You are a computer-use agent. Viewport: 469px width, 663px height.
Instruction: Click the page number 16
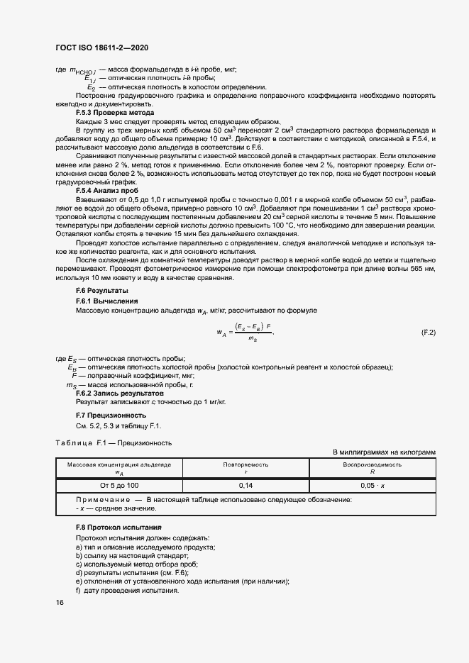click(x=59, y=603)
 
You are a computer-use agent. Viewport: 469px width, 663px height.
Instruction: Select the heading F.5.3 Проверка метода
click(x=115, y=113)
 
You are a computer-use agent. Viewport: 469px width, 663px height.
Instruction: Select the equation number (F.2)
click(x=429, y=333)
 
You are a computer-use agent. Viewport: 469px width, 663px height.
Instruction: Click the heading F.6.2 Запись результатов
click(x=119, y=392)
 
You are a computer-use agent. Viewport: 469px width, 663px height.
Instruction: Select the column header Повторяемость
click(x=246, y=464)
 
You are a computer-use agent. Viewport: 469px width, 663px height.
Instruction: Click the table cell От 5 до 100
click(x=119, y=485)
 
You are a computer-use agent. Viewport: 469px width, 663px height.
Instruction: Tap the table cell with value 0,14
click(x=246, y=485)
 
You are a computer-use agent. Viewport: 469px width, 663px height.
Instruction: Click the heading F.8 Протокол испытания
click(x=118, y=528)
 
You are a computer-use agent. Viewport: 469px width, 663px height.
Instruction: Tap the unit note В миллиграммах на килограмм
click(x=384, y=452)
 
